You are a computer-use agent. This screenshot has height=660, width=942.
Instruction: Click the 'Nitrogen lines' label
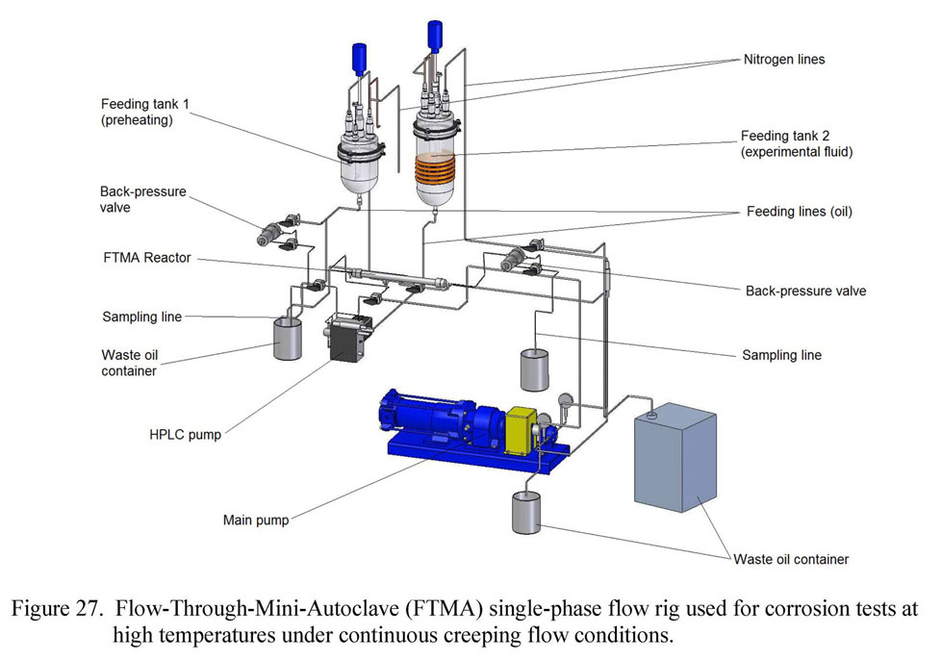(x=784, y=59)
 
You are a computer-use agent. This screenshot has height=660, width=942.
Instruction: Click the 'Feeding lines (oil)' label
(x=797, y=212)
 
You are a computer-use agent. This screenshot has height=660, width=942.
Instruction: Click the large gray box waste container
(x=675, y=458)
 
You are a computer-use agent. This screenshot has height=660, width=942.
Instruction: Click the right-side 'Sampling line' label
(x=781, y=355)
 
